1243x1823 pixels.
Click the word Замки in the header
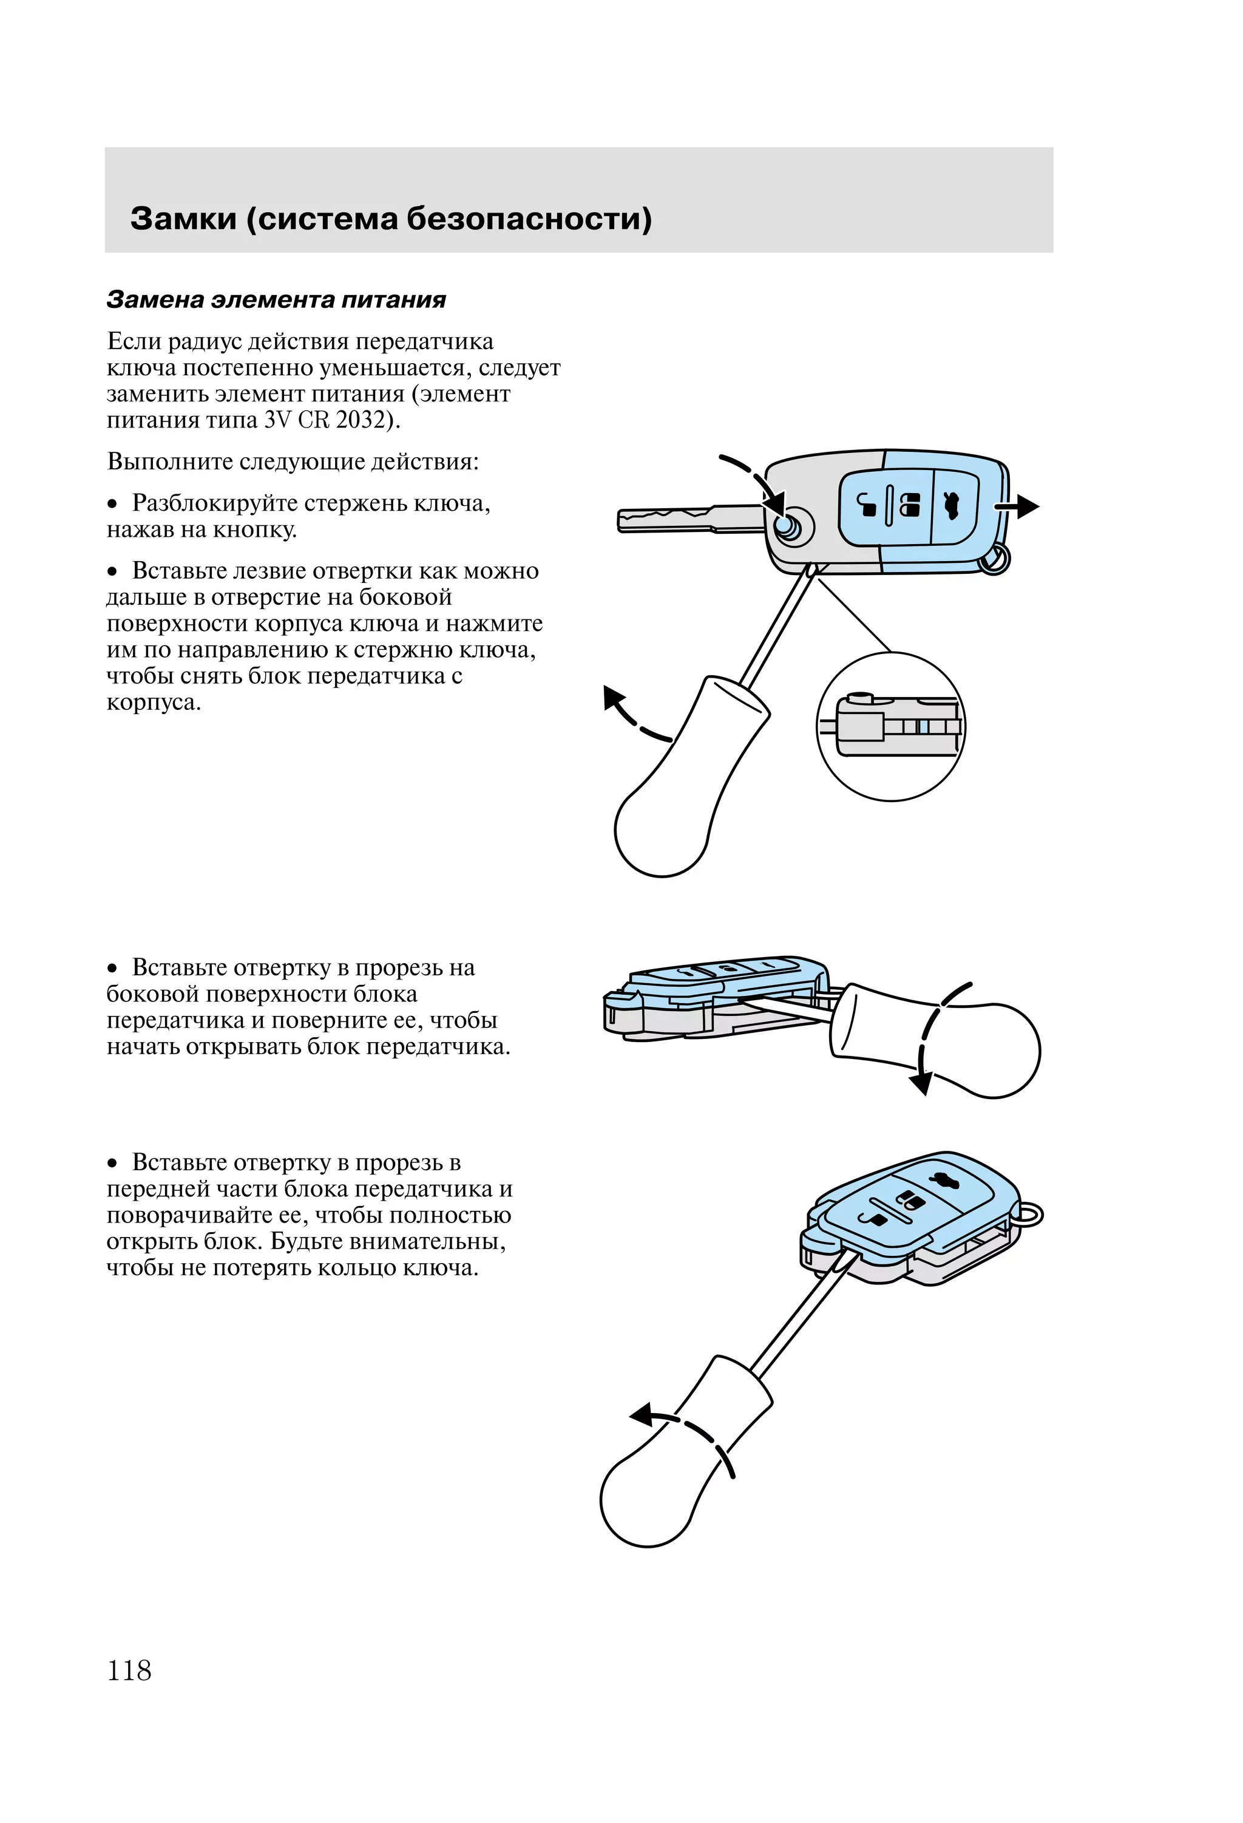(x=183, y=219)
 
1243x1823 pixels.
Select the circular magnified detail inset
(x=891, y=726)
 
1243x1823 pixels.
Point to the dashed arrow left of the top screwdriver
(x=632, y=714)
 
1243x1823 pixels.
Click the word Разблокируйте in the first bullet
(x=211, y=503)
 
